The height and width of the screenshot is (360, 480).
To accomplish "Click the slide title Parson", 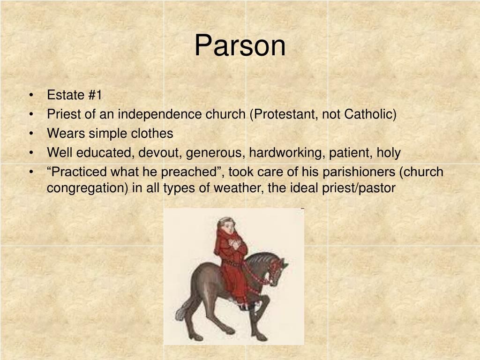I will pos(240,46).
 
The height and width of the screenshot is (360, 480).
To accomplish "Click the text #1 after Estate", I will pos(94,95).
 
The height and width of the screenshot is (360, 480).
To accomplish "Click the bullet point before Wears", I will pos(30,134).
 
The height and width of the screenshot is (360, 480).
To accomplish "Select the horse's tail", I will pos(183,307).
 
